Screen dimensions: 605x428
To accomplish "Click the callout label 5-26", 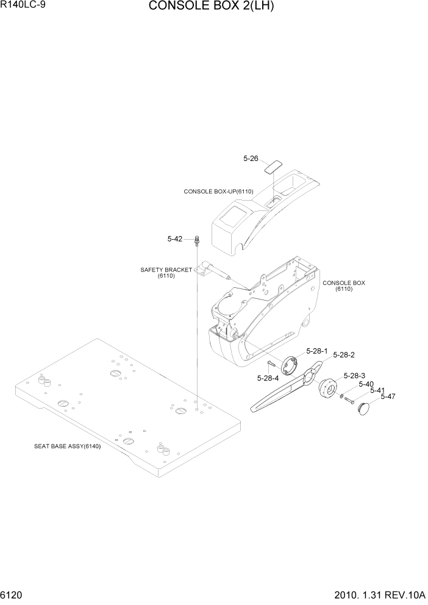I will coord(251,159).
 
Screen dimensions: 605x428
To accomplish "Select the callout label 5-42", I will coord(175,239).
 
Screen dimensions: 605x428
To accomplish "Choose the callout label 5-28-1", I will coord(318,351).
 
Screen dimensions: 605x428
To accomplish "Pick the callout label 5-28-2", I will coord(344,355).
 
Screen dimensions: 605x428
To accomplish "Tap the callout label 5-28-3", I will coord(354,376).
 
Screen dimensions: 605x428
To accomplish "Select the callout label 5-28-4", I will coord(268,378).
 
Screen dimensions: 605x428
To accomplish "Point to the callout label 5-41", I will coord(377,390).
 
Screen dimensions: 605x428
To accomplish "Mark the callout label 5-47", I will coord(388,396).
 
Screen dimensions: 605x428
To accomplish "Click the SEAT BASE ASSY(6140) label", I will coord(67,446).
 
